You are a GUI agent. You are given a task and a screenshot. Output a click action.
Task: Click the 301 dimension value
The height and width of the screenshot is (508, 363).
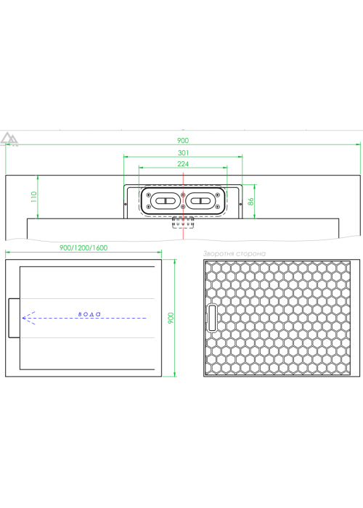pos(183,152)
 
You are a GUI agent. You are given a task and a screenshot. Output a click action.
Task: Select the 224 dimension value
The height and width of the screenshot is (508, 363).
pos(183,164)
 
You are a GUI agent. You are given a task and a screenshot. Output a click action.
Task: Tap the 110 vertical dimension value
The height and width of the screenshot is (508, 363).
pos(34,197)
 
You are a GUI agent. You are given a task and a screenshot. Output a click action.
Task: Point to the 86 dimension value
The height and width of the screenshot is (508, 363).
pos(250,202)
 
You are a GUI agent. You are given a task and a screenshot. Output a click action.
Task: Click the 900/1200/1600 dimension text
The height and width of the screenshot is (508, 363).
pos(83,248)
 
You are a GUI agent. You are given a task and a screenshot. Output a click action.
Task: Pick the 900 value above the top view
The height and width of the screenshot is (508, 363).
pos(183,140)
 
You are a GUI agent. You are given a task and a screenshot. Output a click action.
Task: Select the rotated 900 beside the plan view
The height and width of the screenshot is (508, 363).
pos(171,318)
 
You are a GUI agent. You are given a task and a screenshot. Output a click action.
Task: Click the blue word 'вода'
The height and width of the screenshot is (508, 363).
pos(89,314)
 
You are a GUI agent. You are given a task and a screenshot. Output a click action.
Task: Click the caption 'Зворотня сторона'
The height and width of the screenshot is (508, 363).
pos(234,254)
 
